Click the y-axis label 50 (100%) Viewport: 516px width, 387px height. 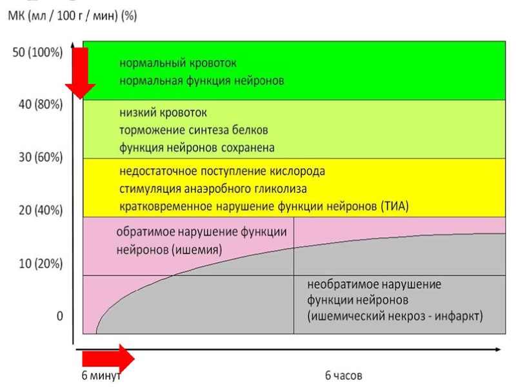tap(37, 52)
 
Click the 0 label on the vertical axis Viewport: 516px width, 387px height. tap(59, 316)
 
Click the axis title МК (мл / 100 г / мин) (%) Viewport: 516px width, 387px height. tap(72, 15)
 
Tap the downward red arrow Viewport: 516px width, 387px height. tap(80, 72)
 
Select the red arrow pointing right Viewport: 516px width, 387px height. tap(106, 357)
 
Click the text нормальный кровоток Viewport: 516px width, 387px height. tap(179, 64)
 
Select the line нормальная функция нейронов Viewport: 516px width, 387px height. tap(202, 82)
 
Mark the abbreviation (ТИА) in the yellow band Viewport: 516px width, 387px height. tap(396, 206)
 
